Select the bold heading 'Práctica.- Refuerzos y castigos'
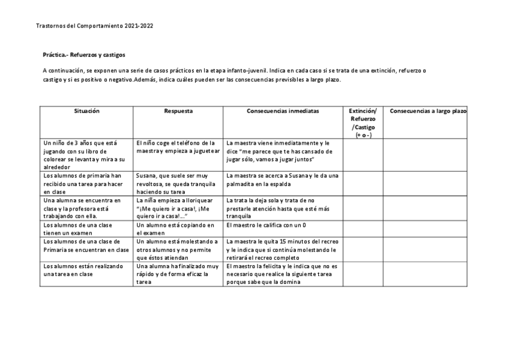84,55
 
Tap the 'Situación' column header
86,111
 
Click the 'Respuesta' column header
178,111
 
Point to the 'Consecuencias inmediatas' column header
283,111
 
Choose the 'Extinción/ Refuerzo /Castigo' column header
363,122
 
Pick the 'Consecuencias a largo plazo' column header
428,111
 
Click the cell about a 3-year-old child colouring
86,155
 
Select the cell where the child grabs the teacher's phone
178,147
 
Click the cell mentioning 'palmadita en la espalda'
283,179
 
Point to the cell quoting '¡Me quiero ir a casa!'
178,208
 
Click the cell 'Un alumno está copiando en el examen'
178,229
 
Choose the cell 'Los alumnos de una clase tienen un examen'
86,229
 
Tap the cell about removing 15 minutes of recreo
283,249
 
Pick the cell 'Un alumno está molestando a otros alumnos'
178,249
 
